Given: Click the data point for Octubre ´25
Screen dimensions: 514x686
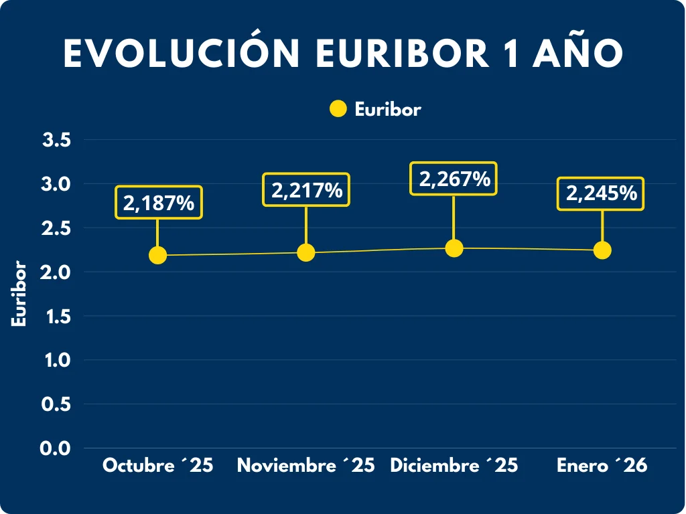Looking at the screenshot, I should pyautogui.click(x=157, y=255).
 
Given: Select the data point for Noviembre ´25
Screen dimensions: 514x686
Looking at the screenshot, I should pyautogui.click(x=305, y=252).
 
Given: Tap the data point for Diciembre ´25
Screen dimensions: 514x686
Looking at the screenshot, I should pyautogui.click(x=454, y=248).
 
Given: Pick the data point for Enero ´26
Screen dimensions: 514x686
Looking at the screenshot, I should pyautogui.click(x=602, y=250).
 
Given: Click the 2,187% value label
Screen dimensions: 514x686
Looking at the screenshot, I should pyautogui.click(x=159, y=202).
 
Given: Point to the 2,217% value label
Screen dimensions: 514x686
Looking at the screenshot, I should pyautogui.click(x=307, y=190).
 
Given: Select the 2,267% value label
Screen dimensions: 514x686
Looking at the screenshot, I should pyautogui.click(x=454, y=179).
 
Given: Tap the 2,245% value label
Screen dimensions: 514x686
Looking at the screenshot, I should pyautogui.click(x=602, y=193).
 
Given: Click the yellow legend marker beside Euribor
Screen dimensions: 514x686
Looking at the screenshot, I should pyautogui.click(x=338, y=109).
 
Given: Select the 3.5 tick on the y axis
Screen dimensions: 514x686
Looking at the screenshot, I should pyautogui.click(x=57, y=140).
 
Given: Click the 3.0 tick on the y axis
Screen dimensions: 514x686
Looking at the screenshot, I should pyautogui.click(x=57, y=183).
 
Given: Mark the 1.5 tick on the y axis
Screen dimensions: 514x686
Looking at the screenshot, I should pyautogui.click(x=57, y=316).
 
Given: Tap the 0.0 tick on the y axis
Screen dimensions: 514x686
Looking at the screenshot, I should pyautogui.click(x=57, y=448).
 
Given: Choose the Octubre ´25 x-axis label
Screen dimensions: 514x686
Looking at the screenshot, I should pyautogui.click(x=157, y=466).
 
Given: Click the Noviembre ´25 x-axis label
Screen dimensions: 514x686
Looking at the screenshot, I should pyautogui.click(x=305, y=466).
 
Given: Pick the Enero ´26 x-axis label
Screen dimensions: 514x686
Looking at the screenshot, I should pyautogui.click(x=602, y=466).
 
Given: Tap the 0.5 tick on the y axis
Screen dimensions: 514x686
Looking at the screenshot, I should pyautogui.click(x=57, y=404).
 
